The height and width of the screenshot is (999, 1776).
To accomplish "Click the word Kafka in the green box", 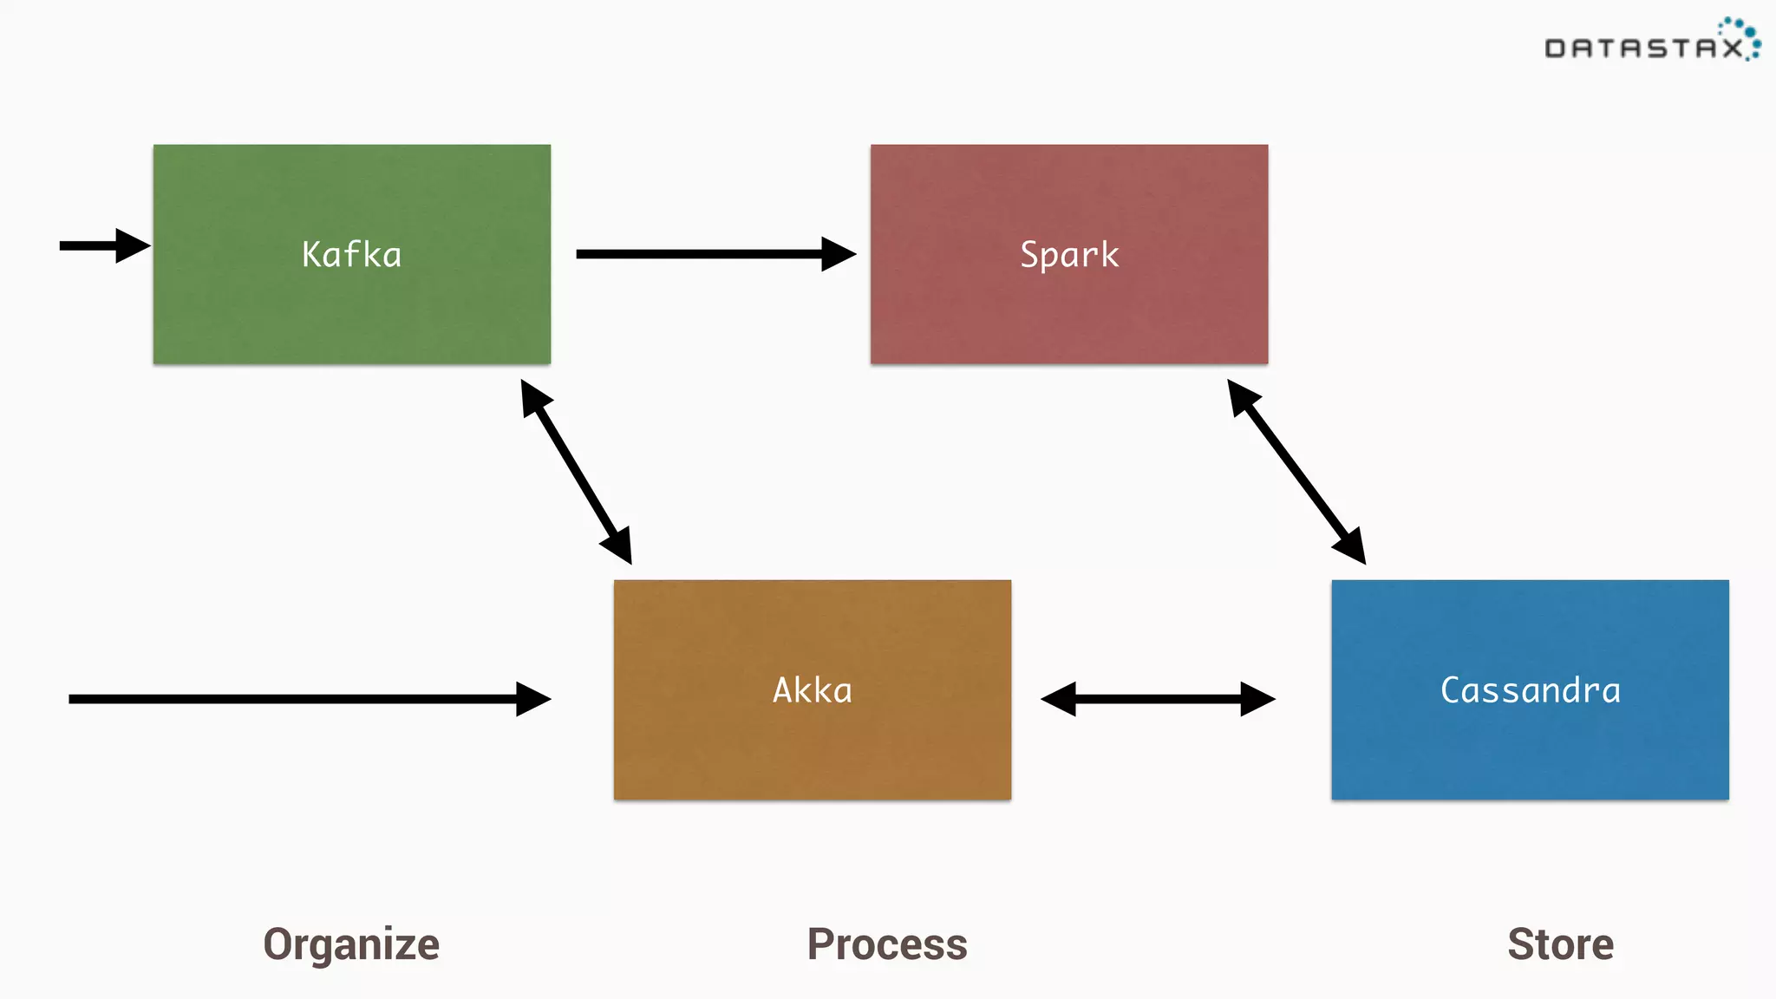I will point(351,255).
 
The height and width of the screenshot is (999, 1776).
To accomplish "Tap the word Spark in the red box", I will point(1069,255).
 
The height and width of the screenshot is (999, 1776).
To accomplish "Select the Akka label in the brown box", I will point(813,690).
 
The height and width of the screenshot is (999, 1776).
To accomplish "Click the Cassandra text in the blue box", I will point(1530,690).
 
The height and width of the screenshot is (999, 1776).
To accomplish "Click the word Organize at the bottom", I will point(351,944).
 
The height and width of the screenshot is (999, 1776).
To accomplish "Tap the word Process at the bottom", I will point(887,944).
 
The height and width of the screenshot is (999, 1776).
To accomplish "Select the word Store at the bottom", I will point(1560,944).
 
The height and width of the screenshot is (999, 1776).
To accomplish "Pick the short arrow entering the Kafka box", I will point(100,245).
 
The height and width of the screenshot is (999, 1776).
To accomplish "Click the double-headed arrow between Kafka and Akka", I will point(576,472).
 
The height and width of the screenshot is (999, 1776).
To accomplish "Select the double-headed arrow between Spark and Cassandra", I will point(1296,472).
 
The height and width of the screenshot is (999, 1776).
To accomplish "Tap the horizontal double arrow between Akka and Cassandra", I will point(1158,699).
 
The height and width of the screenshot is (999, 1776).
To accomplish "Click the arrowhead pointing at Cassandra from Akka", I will point(1257,699).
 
